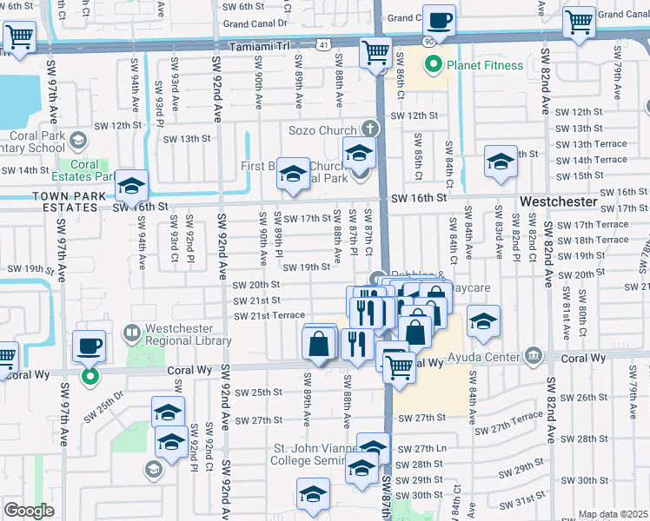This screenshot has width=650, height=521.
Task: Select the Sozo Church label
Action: [322, 130]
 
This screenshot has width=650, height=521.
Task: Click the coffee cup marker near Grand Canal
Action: [439, 20]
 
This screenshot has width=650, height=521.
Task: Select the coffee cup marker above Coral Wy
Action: [89, 347]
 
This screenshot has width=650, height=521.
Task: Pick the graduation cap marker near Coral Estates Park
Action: [132, 186]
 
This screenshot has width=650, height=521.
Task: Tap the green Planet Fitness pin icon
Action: [432, 64]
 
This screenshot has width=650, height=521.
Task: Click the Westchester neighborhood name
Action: [559, 201]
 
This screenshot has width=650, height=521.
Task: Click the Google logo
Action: [29, 511]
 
